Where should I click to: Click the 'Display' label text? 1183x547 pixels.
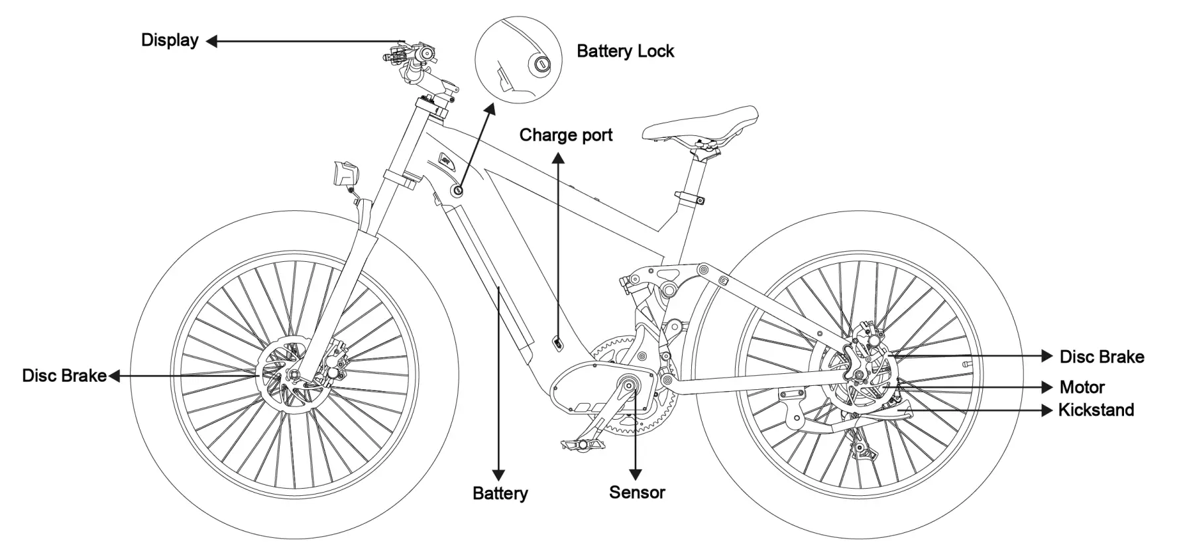(x=170, y=40)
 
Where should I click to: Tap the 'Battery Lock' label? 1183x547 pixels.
(x=625, y=51)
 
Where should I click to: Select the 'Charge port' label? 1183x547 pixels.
(x=565, y=135)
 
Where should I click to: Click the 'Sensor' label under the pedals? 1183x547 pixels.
(x=637, y=493)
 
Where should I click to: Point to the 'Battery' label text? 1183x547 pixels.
(x=500, y=493)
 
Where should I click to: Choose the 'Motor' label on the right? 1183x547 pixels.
(x=1082, y=387)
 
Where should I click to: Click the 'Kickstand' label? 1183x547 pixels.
(x=1096, y=410)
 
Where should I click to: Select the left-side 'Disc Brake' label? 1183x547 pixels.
(x=64, y=376)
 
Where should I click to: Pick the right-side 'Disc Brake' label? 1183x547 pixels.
(x=1101, y=357)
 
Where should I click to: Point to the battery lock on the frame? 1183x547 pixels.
(x=457, y=190)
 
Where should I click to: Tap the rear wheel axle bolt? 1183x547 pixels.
(x=858, y=376)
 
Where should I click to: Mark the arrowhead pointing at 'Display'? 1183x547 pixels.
(x=211, y=41)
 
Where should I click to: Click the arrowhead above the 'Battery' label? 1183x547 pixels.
(x=498, y=475)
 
